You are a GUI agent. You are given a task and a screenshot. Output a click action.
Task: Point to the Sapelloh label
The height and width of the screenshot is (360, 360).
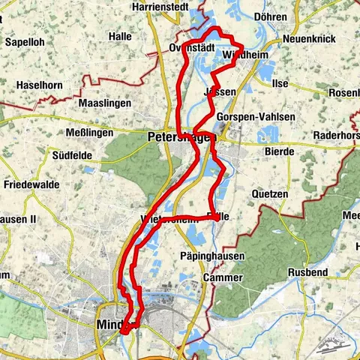pyautogui.click(x=26, y=43)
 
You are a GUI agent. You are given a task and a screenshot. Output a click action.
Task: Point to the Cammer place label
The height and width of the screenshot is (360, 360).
pyautogui.click(x=224, y=277)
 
